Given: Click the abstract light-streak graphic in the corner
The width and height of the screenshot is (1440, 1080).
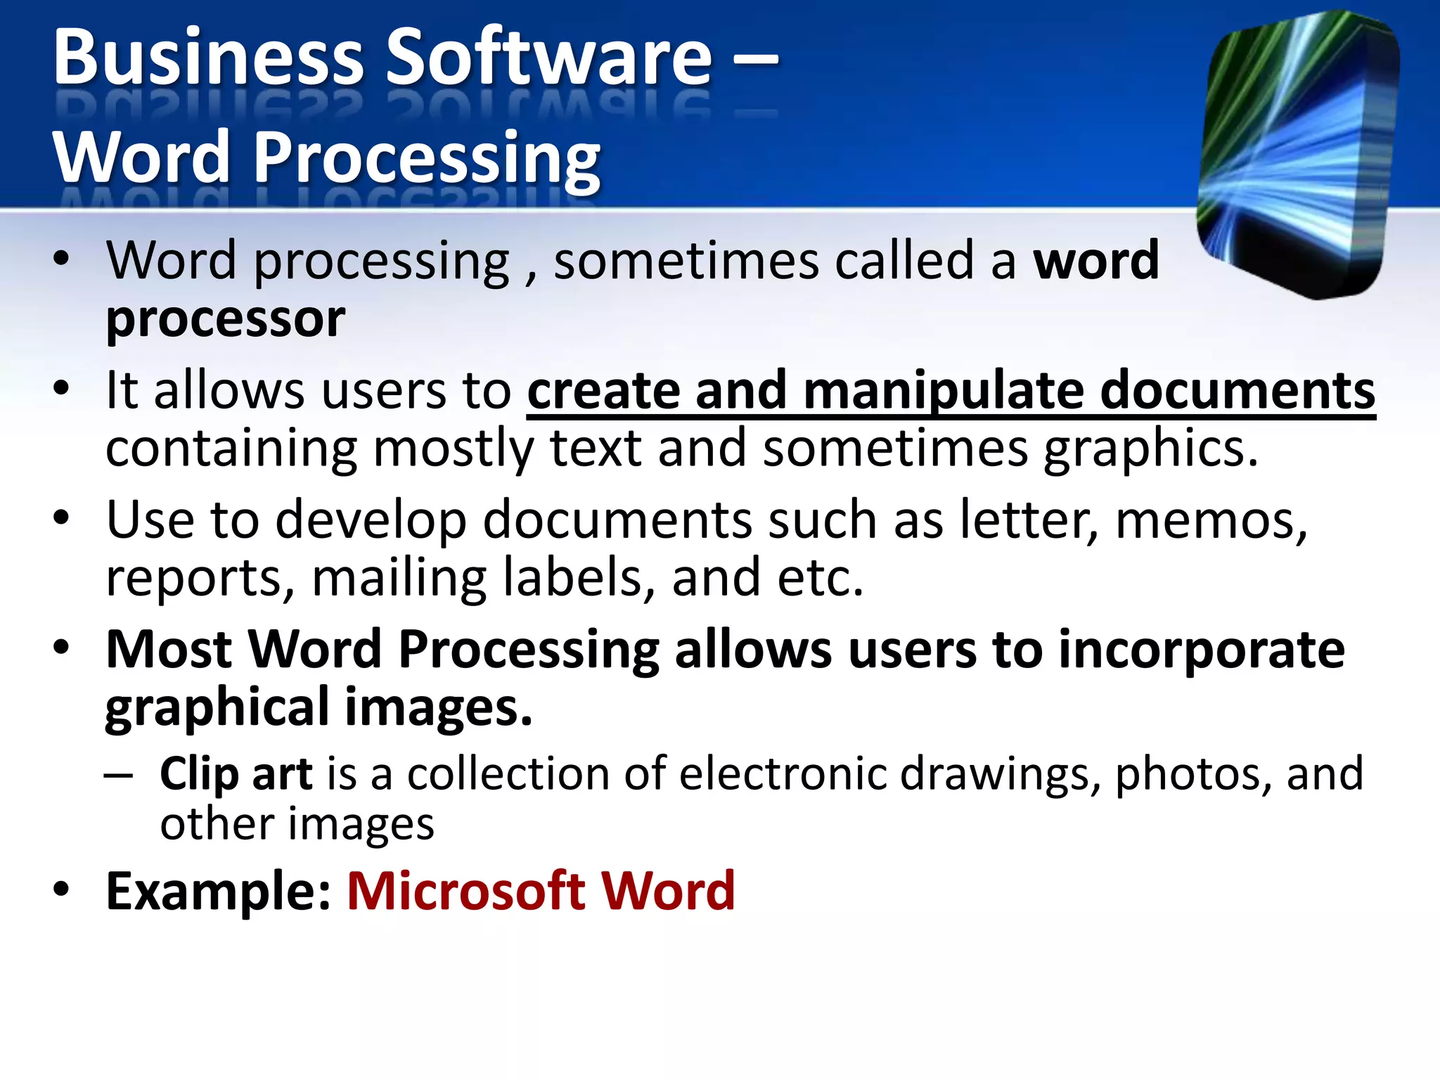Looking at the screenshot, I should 1298,155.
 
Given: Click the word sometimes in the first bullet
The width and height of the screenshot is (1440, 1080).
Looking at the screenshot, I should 686,261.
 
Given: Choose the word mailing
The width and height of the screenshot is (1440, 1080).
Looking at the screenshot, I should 399,579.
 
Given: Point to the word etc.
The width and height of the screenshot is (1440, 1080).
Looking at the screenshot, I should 820,579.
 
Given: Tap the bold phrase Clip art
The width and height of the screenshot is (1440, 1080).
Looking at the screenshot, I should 236,774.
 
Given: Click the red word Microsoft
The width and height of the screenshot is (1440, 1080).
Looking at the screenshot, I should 466,892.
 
